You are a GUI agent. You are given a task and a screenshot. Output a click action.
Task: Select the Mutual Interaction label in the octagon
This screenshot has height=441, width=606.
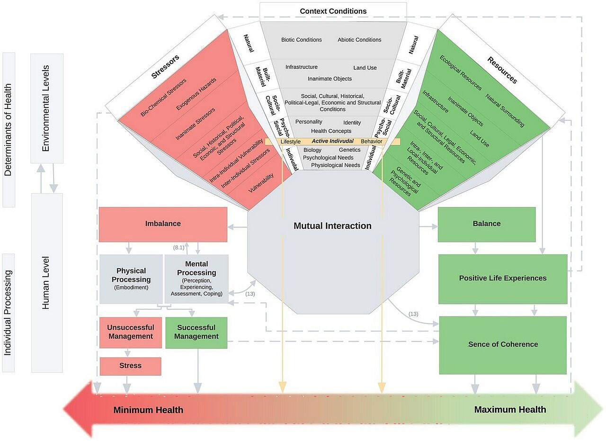(x=332, y=226)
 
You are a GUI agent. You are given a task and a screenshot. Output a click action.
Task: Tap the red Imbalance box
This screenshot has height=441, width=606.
(x=163, y=224)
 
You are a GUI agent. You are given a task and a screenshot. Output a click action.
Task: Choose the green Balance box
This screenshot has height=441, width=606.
(x=486, y=224)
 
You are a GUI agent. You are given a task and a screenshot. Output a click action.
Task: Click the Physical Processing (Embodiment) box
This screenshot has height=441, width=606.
(x=131, y=279)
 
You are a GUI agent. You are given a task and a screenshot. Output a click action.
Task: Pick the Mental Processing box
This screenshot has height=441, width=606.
(x=196, y=279)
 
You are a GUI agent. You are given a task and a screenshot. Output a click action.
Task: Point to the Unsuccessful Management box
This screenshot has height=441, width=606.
(x=130, y=332)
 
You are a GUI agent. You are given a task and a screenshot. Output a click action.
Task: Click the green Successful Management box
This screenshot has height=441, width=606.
(x=196, y=332)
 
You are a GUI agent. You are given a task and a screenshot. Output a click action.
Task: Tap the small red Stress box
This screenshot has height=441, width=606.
(x=130, y=366)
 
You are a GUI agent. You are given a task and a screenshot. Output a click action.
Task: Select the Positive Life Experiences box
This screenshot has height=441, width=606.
(x=502, y=279)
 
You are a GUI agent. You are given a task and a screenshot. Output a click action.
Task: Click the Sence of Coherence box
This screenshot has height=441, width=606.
(x=503, y=344)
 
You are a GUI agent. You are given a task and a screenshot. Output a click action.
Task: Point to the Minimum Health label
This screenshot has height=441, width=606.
(x=148, y=410)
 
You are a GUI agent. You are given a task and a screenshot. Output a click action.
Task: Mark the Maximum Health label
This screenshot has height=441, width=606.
(x=510, y=410)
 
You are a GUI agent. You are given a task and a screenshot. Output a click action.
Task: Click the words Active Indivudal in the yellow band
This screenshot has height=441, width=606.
(x=332, y=141)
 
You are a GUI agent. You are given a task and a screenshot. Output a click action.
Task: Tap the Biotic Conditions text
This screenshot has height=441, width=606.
(x=302, y=40)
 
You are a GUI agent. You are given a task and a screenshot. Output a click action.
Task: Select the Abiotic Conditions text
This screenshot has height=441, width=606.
(x=359, y=40)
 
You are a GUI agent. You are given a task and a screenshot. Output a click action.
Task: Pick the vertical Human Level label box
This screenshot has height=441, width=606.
(x=46, y=283)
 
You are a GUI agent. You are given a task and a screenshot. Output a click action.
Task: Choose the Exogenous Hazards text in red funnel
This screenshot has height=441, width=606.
(x=196, y=94)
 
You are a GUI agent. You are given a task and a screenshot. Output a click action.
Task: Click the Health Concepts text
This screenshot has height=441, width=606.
(x=331, y=131)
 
